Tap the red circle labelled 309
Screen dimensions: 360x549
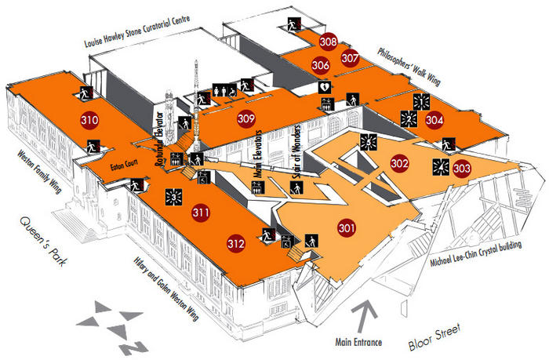click(x=246, y=118)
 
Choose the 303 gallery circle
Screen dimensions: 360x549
click(x=462, y=167)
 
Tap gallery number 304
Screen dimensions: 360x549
click(x=435, y=121)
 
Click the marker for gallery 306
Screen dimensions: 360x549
click(x=320, y=65)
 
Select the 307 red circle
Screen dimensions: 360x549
click(x=351, y=57)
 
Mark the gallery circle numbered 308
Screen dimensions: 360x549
click(x=329, y=42)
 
